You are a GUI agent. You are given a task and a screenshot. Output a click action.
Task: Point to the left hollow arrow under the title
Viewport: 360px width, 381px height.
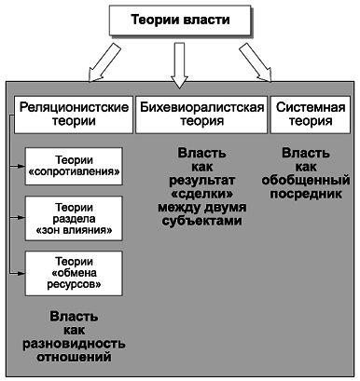(93, 65)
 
